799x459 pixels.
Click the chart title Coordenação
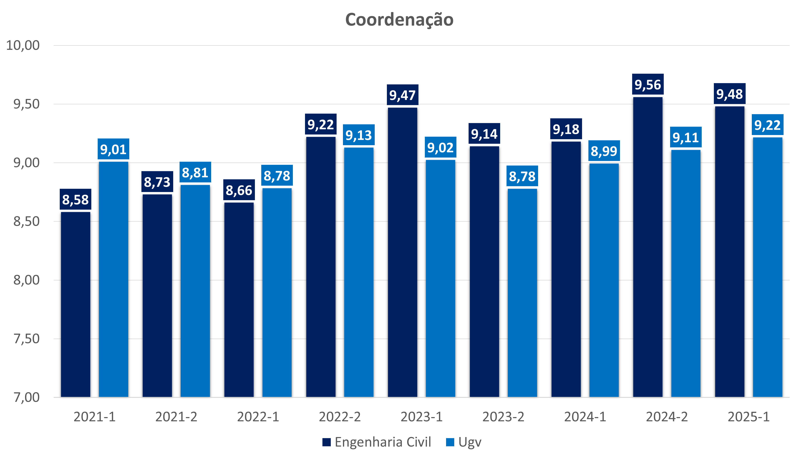pos(399,20)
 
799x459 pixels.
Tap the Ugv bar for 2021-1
pos(113,279)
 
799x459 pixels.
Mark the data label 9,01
pos(113,149)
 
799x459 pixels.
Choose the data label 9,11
pos(686,137)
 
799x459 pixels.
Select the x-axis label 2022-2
pos(340,417)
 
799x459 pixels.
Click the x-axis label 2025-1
pos(749,417)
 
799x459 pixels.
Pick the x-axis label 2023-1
pos(422,417)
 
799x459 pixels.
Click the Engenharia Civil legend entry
pos(377,442)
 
